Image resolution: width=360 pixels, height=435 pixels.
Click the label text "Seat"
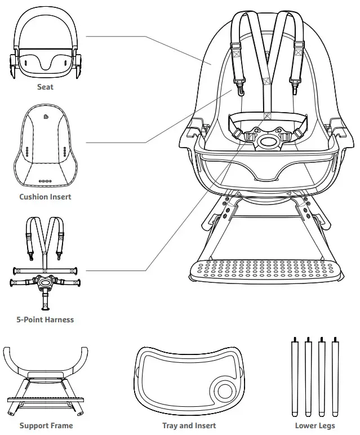(46, 87)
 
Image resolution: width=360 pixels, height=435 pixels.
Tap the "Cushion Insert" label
(45, 197)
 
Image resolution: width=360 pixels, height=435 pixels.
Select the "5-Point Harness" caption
(45, 319)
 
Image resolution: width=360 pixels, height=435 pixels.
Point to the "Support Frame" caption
(45, 425)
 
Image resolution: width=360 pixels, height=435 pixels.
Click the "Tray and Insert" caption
(189, 425)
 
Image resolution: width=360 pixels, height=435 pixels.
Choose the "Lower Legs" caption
(314, 425)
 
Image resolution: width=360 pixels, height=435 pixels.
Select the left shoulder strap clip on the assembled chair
(240, 87)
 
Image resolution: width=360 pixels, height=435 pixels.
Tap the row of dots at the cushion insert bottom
(45, 181)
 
